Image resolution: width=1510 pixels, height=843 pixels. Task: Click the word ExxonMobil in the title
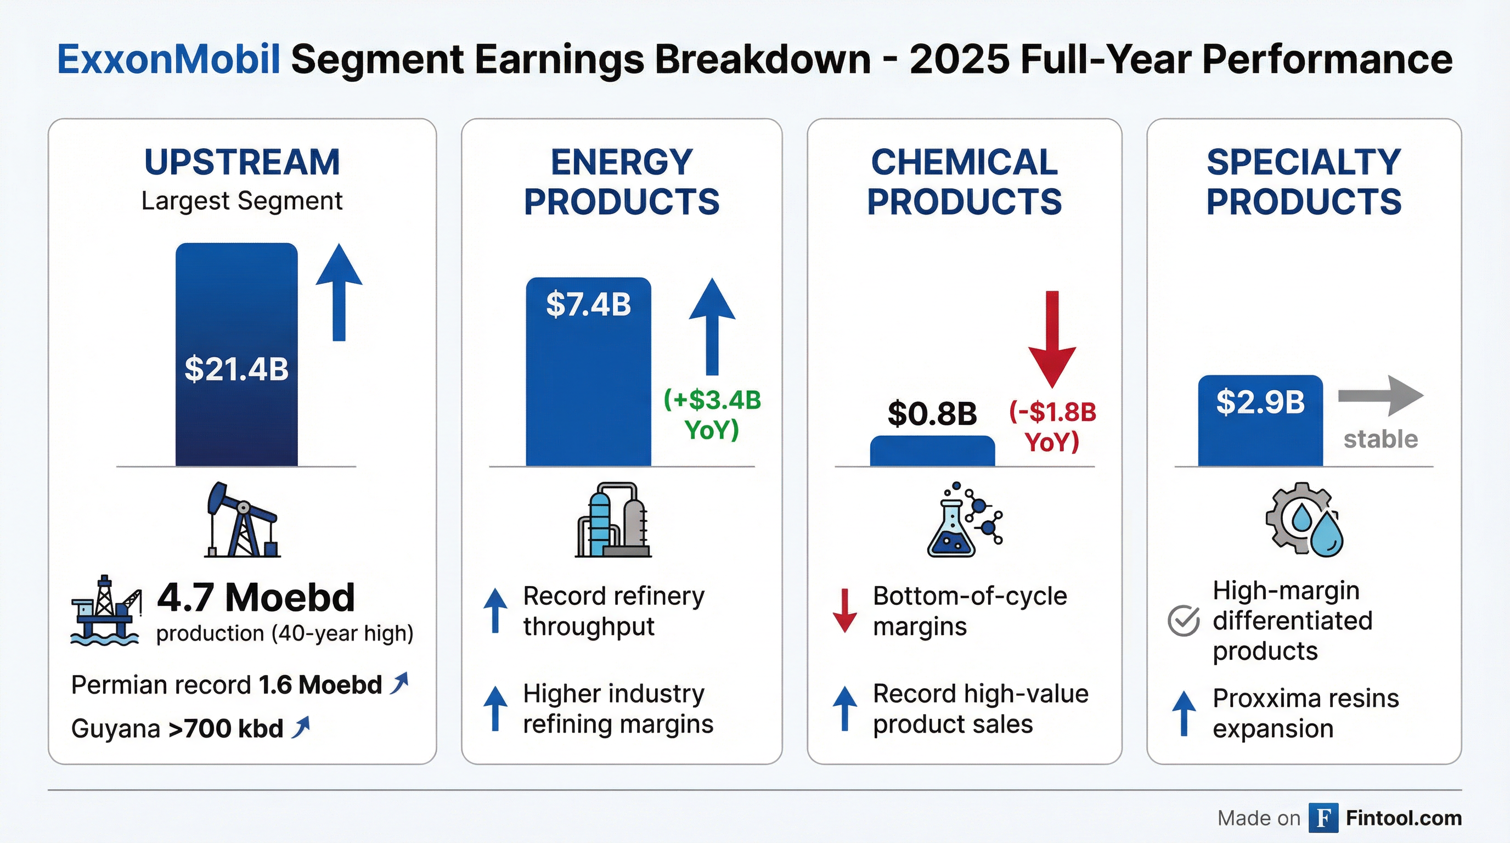pyautogui.click(x=168, y=60)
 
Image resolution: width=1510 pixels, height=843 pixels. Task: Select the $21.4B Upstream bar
pyautogui.click(x=236, y=355)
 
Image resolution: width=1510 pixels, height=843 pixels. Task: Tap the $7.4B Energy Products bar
pyautogui.click(x=588, y=372)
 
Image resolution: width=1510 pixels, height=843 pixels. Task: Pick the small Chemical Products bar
pyautogui.click(x=932, y=451)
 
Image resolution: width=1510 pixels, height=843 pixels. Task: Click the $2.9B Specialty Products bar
pyautogui.click(x=1260, y=421)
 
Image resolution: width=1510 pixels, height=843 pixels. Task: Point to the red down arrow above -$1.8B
pyautogui.click(x=1052, y=339)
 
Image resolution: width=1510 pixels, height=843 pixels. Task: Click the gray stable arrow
pyautogui.click(x=1381, y=396)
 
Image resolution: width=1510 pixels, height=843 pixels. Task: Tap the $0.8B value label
pyautogui.click(x=932, y=413)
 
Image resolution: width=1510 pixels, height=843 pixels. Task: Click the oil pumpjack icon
pyautogui.click(x=241, y=520)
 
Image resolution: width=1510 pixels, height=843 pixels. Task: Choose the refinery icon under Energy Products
pyautogui.click(x=613, y=520)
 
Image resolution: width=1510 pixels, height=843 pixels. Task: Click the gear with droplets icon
pyautogui.click(x=1304, y=520)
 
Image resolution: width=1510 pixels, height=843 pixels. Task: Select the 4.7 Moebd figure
pyautogui.click(x=256, y=598)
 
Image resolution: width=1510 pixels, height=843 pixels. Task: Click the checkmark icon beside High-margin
pyautogui.click(x=1183, y=621)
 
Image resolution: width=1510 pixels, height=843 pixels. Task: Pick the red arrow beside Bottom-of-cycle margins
pyautogui.click(x=844, y=610)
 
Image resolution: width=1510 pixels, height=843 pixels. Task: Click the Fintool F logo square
pyautogui.click(x=1323, y=818)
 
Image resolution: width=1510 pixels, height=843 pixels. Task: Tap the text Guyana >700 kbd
pyautogui.click(x=177, y=729)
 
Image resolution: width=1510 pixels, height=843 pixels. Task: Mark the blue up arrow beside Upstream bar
pyautogui.click(x=339, y=292)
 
